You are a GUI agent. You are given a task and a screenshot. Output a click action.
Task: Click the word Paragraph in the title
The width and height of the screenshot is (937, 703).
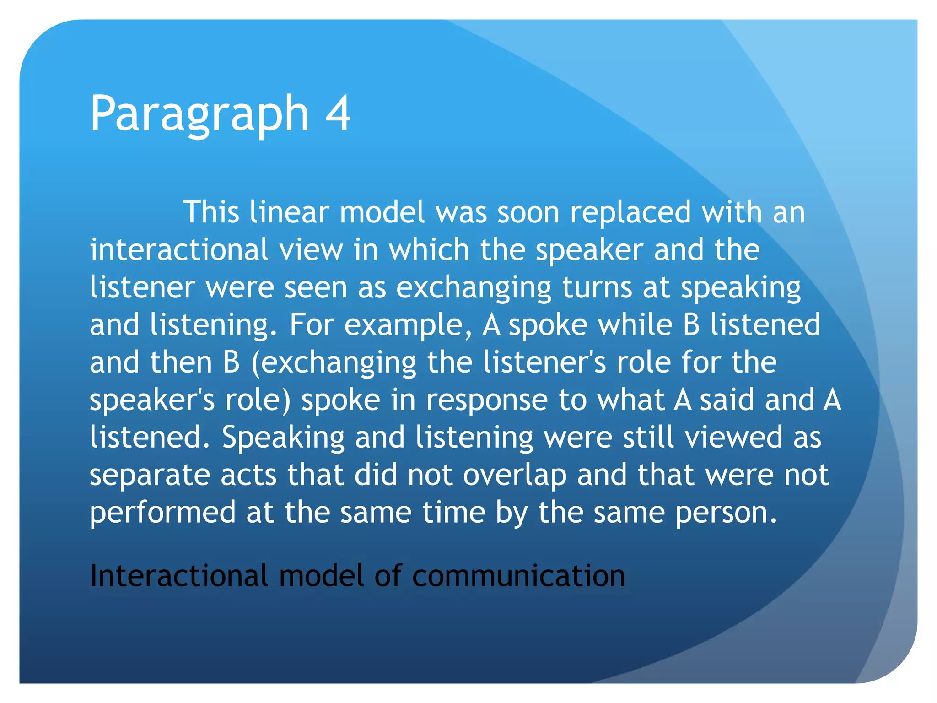[199, 114]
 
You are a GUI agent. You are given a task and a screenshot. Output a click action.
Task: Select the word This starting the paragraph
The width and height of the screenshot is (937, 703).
[211, 212]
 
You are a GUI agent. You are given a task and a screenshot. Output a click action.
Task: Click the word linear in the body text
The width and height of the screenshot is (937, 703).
[289, 212]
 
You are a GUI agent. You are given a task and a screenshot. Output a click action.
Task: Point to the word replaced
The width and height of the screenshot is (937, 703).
[630, 212]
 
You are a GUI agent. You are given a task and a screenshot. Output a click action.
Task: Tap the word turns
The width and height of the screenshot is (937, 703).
[597, 287]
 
